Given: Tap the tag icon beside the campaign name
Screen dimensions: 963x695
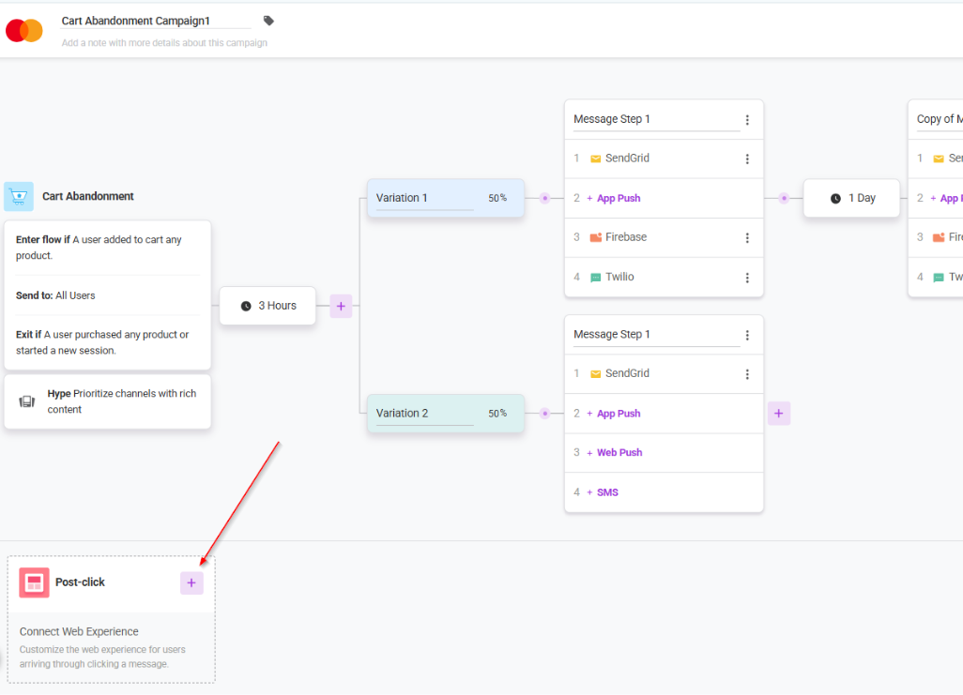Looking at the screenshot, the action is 268,21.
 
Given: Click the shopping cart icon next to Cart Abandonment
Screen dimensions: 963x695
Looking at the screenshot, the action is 19,196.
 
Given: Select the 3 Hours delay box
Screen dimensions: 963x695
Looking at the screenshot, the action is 267,306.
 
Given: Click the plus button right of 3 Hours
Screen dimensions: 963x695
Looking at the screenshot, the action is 341,306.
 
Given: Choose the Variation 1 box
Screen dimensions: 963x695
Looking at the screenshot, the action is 445,198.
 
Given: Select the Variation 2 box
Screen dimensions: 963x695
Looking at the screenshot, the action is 445,414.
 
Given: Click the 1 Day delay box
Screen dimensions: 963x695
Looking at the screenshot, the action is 851,198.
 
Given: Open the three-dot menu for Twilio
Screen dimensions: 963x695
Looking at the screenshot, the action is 747,278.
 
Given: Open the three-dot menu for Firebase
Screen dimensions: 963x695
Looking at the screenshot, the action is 747,237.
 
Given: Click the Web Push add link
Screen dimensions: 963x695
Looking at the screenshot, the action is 615,452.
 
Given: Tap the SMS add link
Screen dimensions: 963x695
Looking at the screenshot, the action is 603,492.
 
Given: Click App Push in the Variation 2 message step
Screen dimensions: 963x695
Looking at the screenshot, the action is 614,414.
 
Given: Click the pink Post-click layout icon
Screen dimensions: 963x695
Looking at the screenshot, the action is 34,582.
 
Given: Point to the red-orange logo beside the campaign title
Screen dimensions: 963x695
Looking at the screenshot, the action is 24,30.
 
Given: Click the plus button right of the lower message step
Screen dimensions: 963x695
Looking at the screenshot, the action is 779,414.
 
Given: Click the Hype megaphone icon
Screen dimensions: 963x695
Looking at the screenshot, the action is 27,401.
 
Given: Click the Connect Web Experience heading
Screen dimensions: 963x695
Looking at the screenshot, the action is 79,631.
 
